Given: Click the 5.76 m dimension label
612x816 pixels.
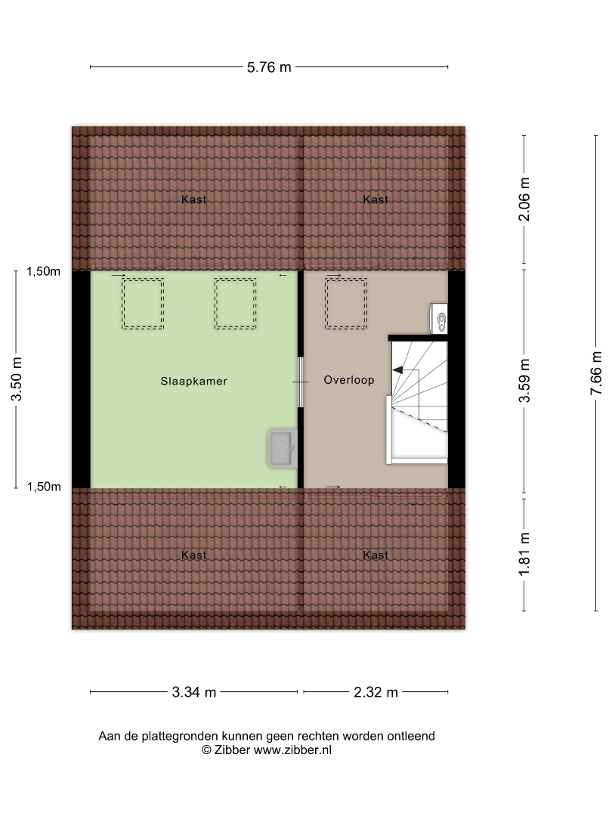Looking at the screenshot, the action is coord(268,67).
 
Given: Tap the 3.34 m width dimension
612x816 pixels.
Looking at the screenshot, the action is coord(194,692).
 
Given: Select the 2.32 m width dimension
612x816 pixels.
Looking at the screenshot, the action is coord(376,692).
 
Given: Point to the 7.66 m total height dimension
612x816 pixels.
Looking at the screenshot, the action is coord(596,373).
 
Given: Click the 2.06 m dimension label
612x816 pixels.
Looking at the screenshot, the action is coord(524,199).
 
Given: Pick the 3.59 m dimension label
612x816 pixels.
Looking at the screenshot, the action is coord(524,380).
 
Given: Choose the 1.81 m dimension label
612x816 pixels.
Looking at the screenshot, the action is coord(524,555).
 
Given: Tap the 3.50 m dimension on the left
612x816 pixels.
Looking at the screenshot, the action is coord(17,379).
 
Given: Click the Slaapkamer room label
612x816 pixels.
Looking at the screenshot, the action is coord(194,382).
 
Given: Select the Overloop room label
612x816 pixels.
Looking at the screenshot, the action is coord(348,380).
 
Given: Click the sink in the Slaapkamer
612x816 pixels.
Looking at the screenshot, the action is coord(283,448).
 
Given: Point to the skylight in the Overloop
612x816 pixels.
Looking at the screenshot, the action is coord(346,304).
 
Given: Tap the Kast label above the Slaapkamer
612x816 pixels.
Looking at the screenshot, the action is coord(194,199).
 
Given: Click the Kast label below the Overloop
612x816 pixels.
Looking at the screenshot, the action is coord(376,555).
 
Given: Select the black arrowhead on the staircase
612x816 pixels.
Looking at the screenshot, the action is coord(397,370).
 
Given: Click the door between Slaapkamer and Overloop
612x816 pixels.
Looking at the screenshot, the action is coord(300,382).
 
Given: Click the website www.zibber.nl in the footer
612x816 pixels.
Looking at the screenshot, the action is coord(292,750).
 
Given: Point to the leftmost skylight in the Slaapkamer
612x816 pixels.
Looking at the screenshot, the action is coord(143,304).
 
